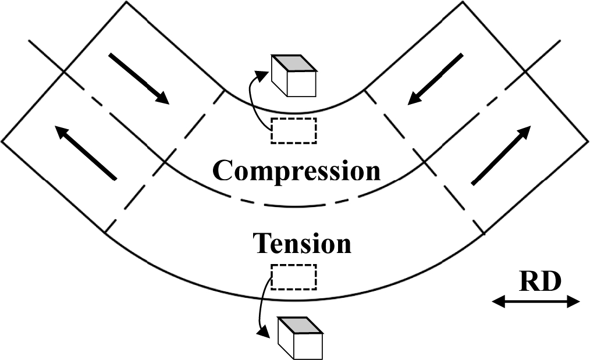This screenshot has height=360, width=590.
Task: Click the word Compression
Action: click(x=296, y=170)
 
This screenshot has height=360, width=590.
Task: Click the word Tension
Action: click(x=302, y=243)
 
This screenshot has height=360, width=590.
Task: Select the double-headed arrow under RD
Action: click(x=536, y=301)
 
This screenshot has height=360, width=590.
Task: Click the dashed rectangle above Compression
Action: click(x=294, y=130)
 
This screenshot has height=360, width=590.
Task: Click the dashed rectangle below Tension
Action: click(x=294, y=277)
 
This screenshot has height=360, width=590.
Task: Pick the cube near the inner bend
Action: click(x=294, y=76)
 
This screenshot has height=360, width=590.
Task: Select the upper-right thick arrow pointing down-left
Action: click(x=436, y=79)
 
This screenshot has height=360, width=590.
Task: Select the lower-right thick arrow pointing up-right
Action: click(x=502, y=155)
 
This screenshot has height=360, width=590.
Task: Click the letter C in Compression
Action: click(x=223, y=170)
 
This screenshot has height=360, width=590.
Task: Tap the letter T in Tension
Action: click(x=261, y=243)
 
